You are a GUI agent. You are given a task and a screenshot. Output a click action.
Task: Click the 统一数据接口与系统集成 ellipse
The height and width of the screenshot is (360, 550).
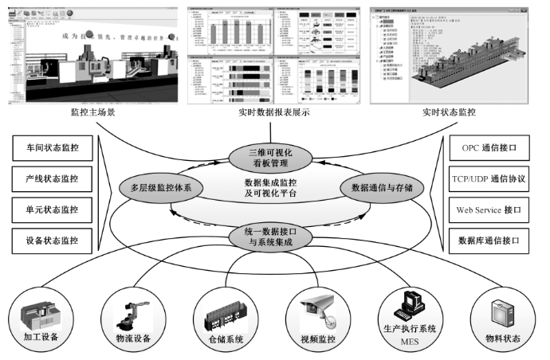coord(273,237)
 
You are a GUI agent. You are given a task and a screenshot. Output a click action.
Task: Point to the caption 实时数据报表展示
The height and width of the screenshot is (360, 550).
coord(273,112)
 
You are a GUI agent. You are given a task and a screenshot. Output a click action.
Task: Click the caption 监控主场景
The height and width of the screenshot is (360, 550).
coord(92,112)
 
